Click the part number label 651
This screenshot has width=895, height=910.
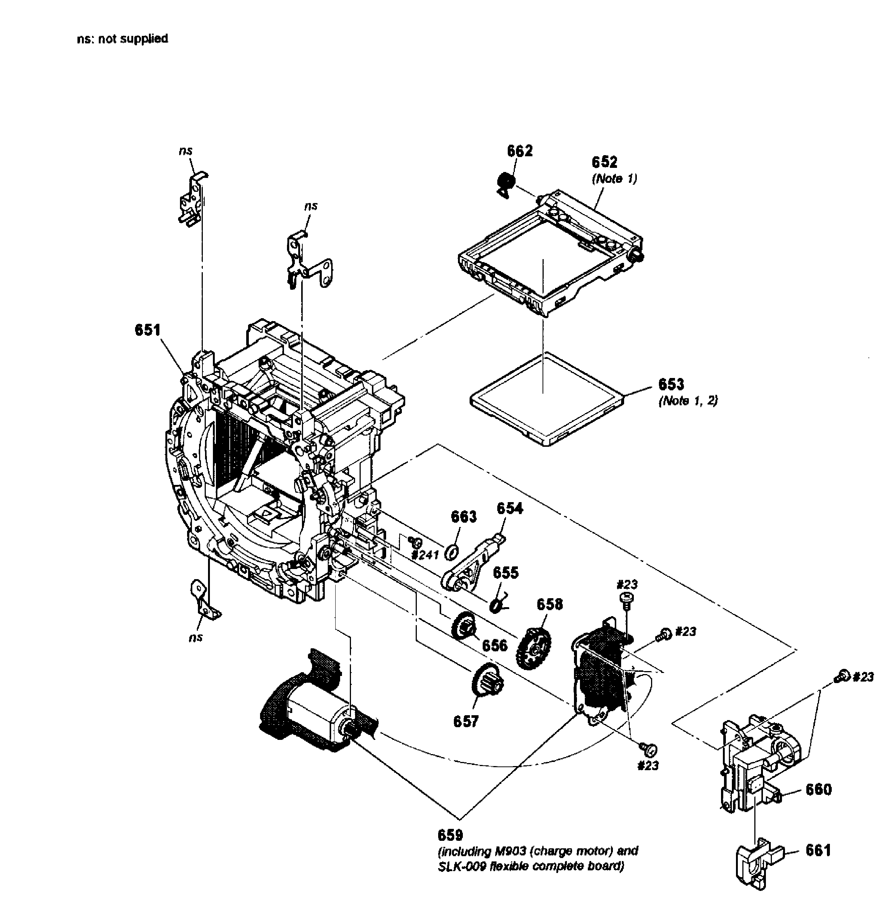pos(147,330)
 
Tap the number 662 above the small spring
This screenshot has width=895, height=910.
pos(519,151)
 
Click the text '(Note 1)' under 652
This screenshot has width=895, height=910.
pos(614,179)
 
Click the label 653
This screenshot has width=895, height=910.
pos(671,384)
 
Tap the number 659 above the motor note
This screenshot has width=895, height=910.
pos(450,835)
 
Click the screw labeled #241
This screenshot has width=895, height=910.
pos(415,542)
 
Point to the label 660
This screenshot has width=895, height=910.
pos(818,790)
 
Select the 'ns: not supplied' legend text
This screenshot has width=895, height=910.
pos(122,39)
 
